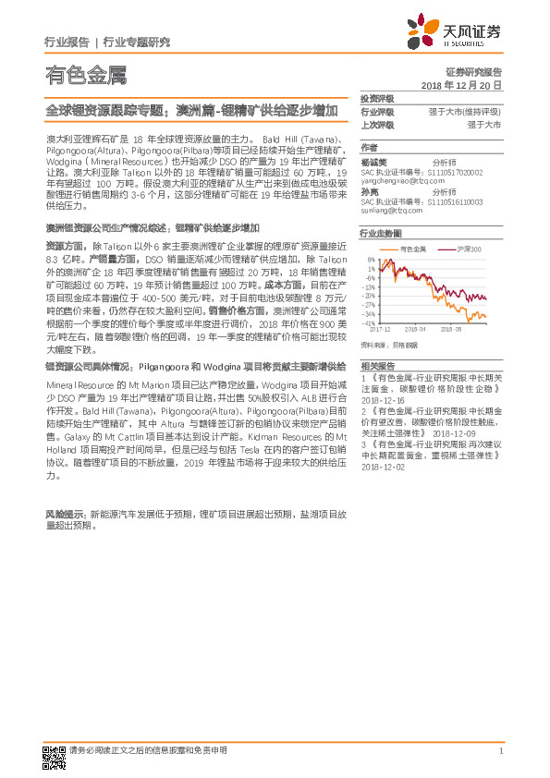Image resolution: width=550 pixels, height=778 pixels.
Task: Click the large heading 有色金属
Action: tap(85, 76)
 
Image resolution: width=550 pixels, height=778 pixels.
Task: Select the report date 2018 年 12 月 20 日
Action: tap(461, 84)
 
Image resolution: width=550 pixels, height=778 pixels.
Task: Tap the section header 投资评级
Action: tap(376, 98)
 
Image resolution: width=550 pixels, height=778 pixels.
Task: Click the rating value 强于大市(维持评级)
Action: tap(465, 111)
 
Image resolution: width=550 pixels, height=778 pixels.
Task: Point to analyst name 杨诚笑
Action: tap(373, 159)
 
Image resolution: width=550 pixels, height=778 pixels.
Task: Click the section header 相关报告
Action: tap(376, 367)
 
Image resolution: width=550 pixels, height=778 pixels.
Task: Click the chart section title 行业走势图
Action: tap(380, 235)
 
